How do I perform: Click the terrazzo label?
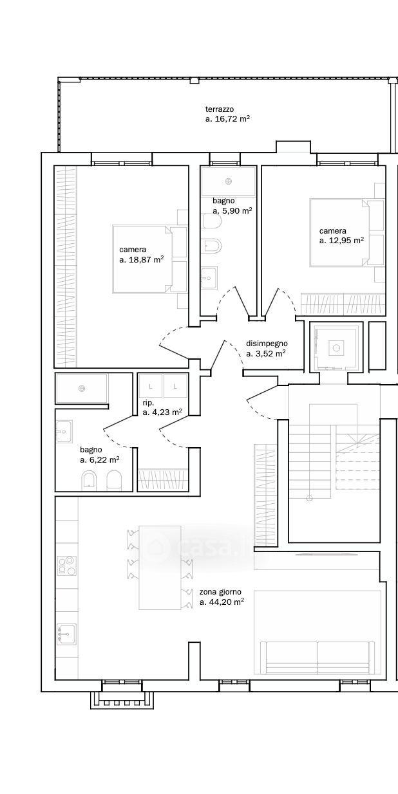click(x=220, y=109)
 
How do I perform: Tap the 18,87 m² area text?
click(x=142, y=259)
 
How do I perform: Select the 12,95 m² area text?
click(x=341, y=241)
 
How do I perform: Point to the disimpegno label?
click(x=267, y=344)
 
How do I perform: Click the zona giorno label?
click(x=220, y=592)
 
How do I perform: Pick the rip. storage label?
click(x=148, y=403)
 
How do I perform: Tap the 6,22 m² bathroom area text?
click(x=100, y=460)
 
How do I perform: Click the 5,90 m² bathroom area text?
click(x=232, y=211)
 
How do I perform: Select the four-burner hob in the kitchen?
click(x=67, y=566)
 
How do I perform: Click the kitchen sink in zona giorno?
click(x=67, y=634)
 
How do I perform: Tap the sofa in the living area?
click(x=317, y=657)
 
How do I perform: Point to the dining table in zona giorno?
click(x=160, y=568)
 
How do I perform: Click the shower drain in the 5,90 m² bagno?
click(x=229, y=182)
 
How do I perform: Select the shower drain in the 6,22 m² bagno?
click(x=82, y=389)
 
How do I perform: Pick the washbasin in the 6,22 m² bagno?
click(x=64, y=432)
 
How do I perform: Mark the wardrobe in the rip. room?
click(x=162, y=479)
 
